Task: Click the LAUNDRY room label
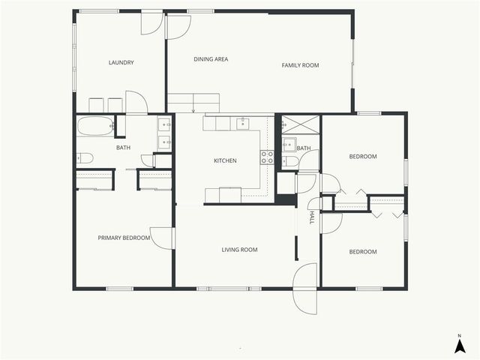pyautogui.click(x=121, y=63)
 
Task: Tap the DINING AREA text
pyautogui.click(x=211, y=59)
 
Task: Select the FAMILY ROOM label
pyautogui.click(x=300, y=65)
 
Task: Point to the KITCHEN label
pyautogui.click(x=225, y=160)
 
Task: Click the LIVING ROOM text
pyautogui.click(x=239, y=250)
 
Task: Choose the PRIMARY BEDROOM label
pyautogui.click(x=124, y=238)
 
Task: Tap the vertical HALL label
pyautogui.click(x=312, y=217)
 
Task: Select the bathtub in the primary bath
pyautogui.click(x=94, y=126)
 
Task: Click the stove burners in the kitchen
pyautogui.click(x=267, y=157)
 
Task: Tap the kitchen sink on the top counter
pyautogui.click(x=242, y=123)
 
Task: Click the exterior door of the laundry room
pyautogui.click(x=152, y=22)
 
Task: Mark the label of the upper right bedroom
pyautogui.click(x=363, y=157)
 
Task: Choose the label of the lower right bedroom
pyautogui.click(x=363, y=251)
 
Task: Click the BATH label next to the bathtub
pyautogui.click(x=123, y=148)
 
